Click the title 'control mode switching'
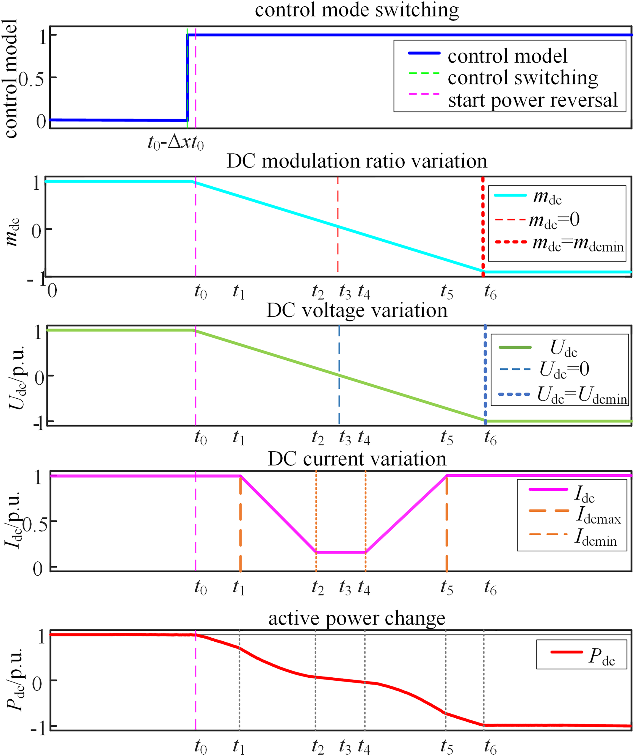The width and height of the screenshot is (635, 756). click(356, 10)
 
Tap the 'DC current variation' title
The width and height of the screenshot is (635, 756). click(356, 459)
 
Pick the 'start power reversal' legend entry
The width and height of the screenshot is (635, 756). click(533, 100)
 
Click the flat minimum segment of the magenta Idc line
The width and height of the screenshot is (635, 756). click(341, 552)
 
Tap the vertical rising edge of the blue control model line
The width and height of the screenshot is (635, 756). click(187, 78)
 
